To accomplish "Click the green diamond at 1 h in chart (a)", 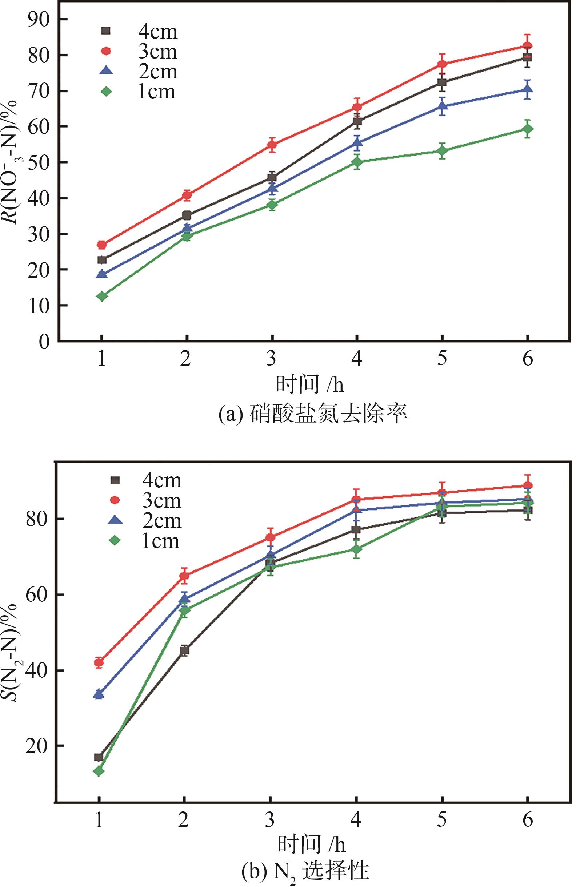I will click(102, 296).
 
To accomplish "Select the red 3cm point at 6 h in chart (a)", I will click(527, 46).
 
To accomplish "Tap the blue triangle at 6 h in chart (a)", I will click(527, 89).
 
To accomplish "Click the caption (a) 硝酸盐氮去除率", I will click(313, 415).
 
